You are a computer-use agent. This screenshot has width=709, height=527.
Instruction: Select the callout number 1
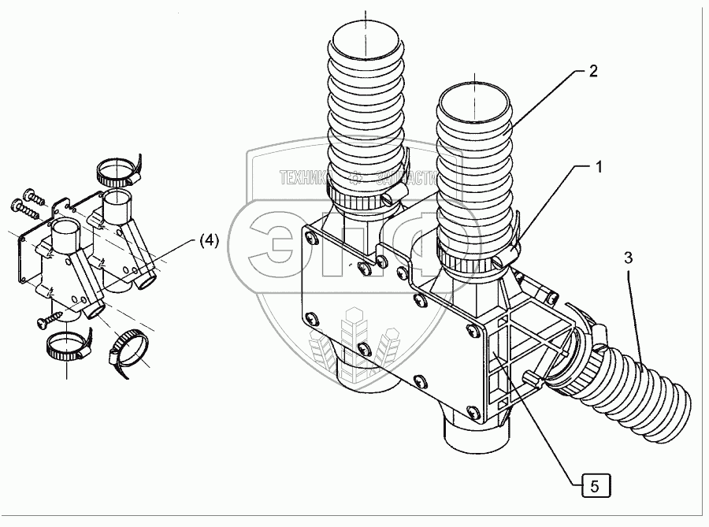tap(599, 167)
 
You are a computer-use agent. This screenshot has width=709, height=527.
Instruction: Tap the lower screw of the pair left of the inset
tap(20, 206)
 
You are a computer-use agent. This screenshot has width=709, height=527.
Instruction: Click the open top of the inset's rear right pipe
tap(117, 194)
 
